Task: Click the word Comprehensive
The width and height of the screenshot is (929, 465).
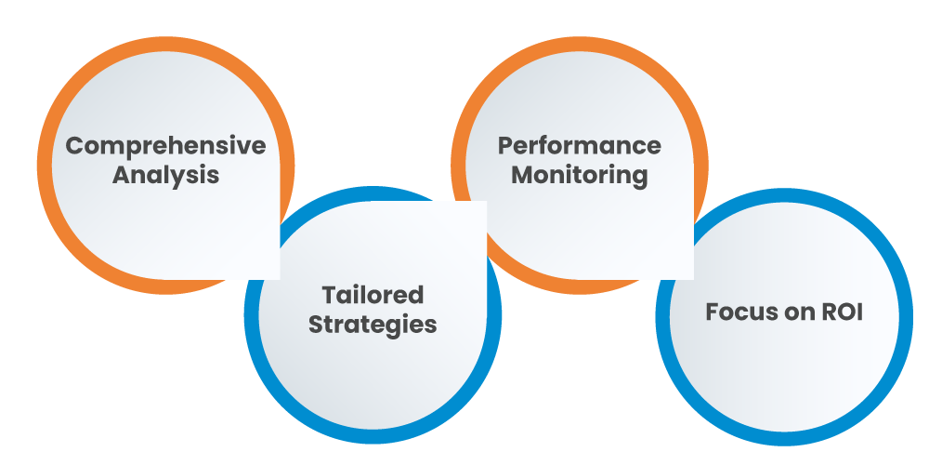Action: point(165,146)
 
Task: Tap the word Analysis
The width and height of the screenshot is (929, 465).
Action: point(165,175)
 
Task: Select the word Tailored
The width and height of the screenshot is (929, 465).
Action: point(373,296)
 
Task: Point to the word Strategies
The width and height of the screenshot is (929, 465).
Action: point(373,325)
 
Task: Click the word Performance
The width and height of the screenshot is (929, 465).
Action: point(580,146)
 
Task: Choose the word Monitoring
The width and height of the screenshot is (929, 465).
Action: point(580,175)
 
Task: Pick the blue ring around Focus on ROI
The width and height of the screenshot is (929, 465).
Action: point(907,316)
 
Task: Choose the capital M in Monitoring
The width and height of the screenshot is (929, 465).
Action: point(522,175)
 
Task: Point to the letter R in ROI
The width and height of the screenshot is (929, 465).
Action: point(828,312)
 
